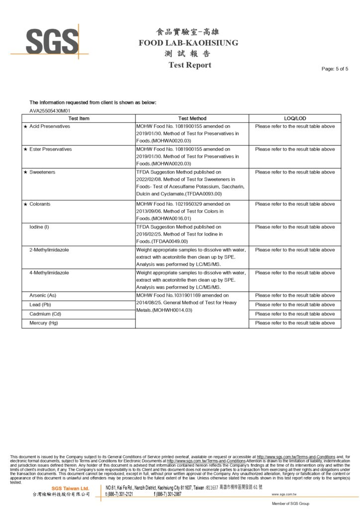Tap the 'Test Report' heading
pyautogui.click(x=189, y=65)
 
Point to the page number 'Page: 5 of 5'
pyautogui.click(x=335, y=69)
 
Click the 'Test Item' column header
pyautogui.click(x=79, y=118)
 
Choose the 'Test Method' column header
pyautogui.click(x=192, y=118)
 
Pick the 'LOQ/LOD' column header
pyautogui.click(x=295, y=118)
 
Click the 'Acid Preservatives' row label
pyautogui.click(x=50, y=126)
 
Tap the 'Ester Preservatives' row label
pyautogui.click(x=50, y=149)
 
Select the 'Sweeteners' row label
pyautogui.click(x=42, y=172)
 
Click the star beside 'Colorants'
pyautogui.click(x=25, y=204)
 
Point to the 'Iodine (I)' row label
pyautogui.click(x=40, y=227)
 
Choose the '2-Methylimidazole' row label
pyautogui.click(x=49, y=250)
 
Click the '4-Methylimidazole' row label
pyautogui.click(x=49, y=272)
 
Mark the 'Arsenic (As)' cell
pyautogui.click(x=43, y=295)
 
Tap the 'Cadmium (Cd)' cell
pyautogui.click(x=45, y=314)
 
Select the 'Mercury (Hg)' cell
pyautogui.click(x=44, y=323)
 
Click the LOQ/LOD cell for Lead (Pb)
pyautogui.click(x=295, y=305)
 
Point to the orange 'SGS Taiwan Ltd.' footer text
pyautogui.click(x=70, y=489)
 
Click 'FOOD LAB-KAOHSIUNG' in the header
pyautogui.click(x=188, y=43)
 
